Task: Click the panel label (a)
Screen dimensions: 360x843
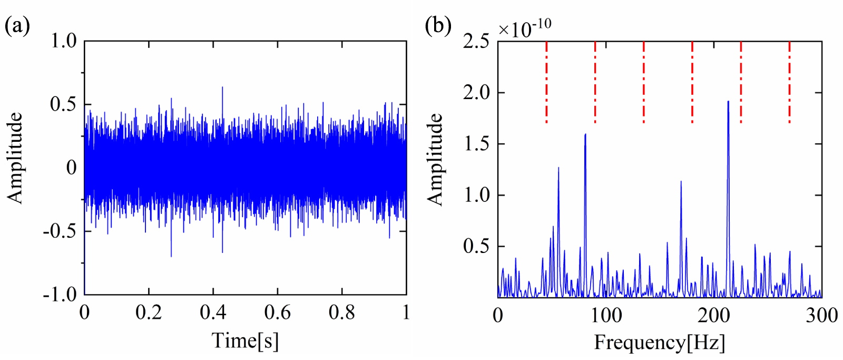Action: click(17, 25)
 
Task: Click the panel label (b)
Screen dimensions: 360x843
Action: click(438, 25)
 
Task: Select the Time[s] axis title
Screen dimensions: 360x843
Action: click(245, 341)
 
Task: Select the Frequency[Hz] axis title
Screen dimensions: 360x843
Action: click(660, 343)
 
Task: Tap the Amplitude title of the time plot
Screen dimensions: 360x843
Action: click(15, 158)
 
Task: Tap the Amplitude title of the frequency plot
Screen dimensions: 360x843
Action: click(435, 159)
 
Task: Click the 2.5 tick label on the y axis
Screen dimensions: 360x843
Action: click(476, 41)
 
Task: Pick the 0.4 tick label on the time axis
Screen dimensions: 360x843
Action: click(213, 313)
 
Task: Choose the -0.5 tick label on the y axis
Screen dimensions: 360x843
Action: click(60, 231)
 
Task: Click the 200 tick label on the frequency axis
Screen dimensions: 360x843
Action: click(714, 316)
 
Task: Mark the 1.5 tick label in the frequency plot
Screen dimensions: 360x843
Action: click(476, 143)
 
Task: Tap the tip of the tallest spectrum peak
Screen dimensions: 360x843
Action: click(728, 101)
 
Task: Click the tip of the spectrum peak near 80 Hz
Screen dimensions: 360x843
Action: click(585, 134)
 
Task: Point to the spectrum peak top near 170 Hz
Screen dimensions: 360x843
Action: click(681, 181)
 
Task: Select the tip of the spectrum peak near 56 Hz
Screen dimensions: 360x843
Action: click(558, 168)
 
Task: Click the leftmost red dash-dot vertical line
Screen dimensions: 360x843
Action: click(546, 82)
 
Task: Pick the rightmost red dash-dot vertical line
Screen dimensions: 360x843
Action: click(789, 82)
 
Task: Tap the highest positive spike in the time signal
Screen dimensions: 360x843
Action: click(222, 87)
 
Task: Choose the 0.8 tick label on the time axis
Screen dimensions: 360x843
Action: click(341, 313)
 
